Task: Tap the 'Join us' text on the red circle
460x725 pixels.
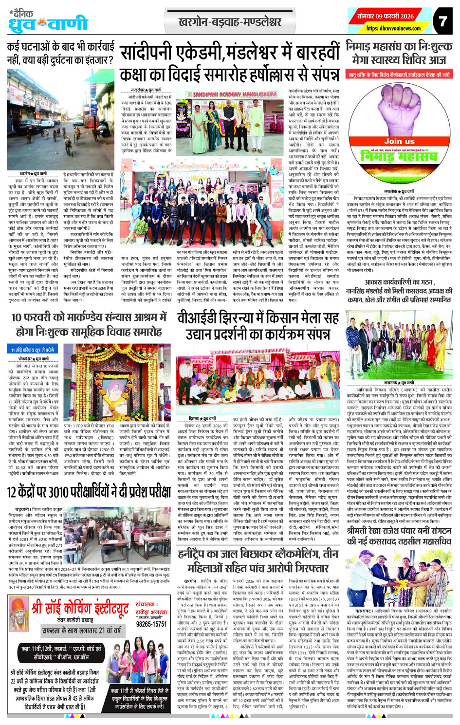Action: [399, 141]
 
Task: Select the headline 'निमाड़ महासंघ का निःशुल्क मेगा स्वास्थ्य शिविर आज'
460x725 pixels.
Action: [399, 53]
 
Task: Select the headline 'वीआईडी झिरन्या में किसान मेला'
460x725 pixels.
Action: [258, 326]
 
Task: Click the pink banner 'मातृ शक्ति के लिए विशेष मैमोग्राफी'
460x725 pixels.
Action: [399, 74]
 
